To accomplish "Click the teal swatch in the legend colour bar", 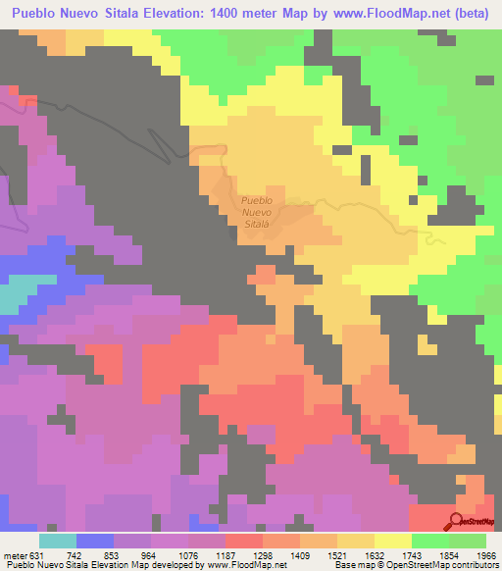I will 57,541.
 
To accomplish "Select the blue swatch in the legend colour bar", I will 94,541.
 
